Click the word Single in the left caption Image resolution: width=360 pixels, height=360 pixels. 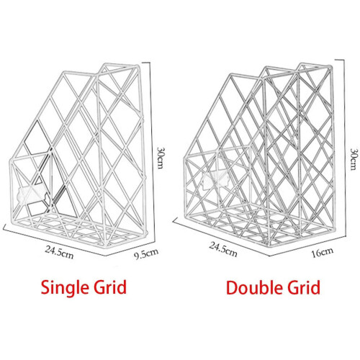pos(63,288)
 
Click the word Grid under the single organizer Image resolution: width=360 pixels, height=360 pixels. pos(110,287)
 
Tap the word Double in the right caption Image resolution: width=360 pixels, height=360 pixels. pos(255,287)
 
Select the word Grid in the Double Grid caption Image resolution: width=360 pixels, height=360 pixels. pos(304,287)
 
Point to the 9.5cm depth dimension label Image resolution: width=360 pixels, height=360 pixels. pos(146,254)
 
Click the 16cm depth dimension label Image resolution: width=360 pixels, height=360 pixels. pos(323,252)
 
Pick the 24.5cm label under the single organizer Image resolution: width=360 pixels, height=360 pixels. pos(59,252)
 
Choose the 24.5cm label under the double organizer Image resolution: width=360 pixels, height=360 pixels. pos(223,249)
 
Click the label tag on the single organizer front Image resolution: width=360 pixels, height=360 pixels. pos(31,194)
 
